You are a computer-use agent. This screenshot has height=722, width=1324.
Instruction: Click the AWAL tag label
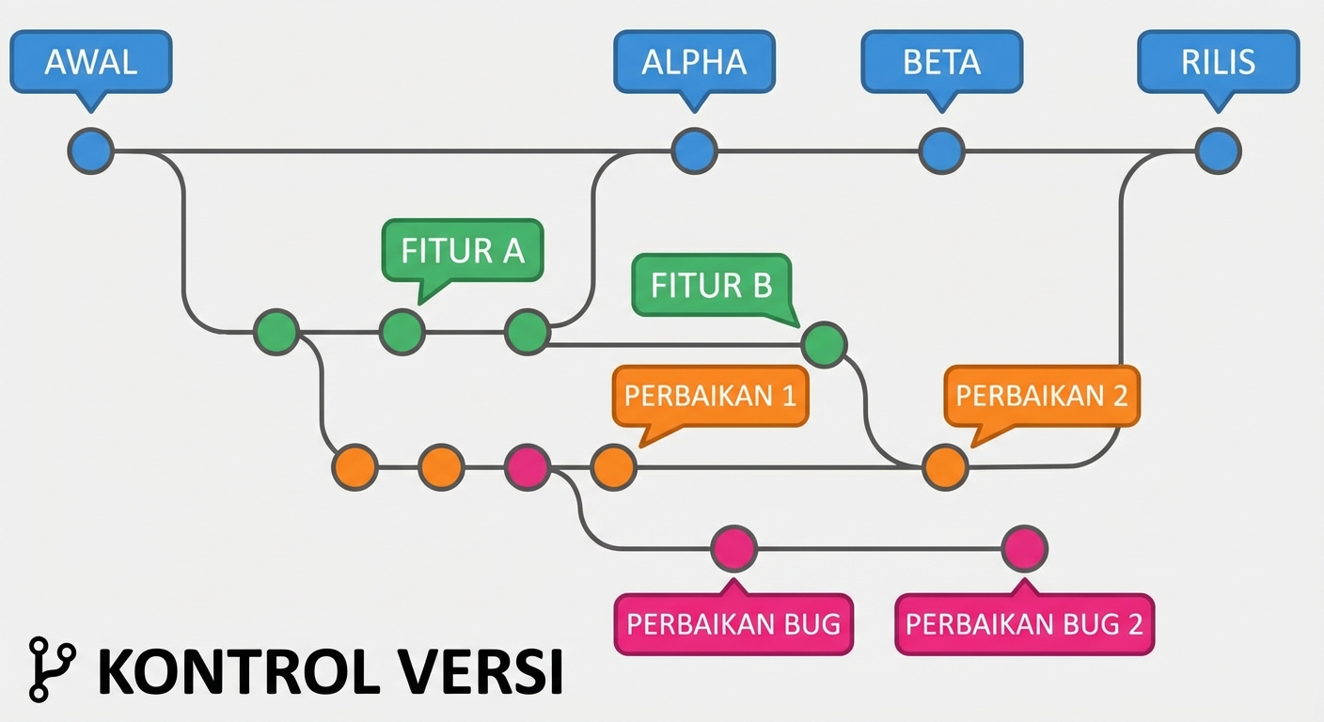pos(91,62)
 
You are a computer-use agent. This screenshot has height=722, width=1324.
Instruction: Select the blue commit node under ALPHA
pos(694,150)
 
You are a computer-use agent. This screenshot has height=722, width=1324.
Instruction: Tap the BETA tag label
pos(941,62)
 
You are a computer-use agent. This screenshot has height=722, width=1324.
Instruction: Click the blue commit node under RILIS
pos(1218,150)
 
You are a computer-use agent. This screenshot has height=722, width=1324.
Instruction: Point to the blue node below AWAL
pos(91,150)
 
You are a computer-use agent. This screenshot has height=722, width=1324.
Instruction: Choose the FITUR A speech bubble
pos(463,251)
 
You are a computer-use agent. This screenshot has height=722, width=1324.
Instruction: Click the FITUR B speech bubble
pos(712,285)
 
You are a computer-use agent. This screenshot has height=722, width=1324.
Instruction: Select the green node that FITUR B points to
pos(824,344)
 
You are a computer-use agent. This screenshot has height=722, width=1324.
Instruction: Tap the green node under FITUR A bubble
pos(402,332)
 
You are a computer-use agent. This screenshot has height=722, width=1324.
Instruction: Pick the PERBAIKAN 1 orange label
pos(710,396)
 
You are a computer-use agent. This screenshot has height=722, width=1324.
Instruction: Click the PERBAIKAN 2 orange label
pos(1041,395)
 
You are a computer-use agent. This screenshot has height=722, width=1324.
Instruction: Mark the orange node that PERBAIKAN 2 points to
pos(944,467)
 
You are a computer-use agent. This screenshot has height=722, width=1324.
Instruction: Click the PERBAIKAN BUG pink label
pos(733,624)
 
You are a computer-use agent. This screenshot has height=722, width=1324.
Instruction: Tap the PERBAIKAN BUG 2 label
pos(1024,624)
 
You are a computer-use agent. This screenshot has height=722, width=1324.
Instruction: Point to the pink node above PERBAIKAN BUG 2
pos(1024,548)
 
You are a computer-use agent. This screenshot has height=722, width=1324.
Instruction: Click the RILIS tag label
pos(1218,62)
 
